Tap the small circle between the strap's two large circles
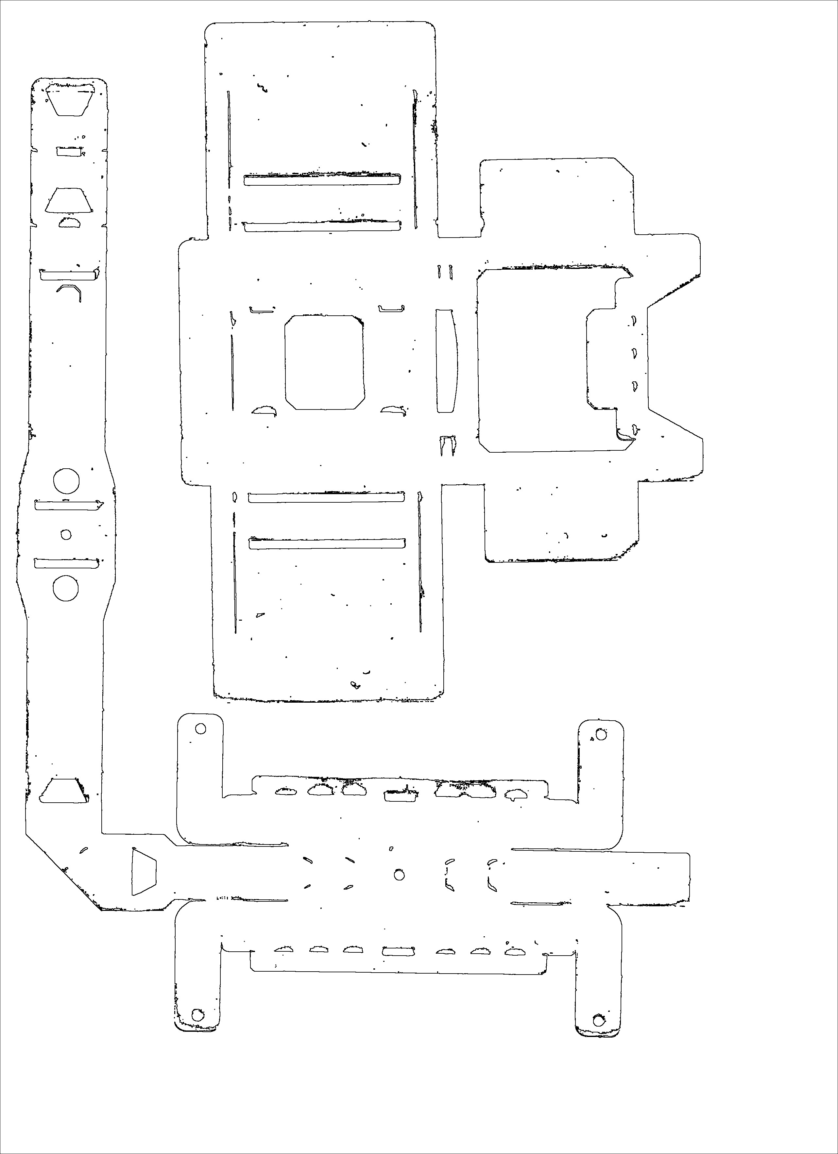[x=66, y=535]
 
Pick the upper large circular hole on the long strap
[x=66, y=481]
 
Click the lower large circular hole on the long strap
[x=66, y=588]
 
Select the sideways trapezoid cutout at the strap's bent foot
[x=143, y=871]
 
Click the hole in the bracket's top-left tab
[x=201, y=728]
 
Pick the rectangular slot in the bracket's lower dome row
[x=399, y=951]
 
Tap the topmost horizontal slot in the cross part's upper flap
[x=322, y=180]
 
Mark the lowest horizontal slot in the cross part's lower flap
[x=326, y=544]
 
